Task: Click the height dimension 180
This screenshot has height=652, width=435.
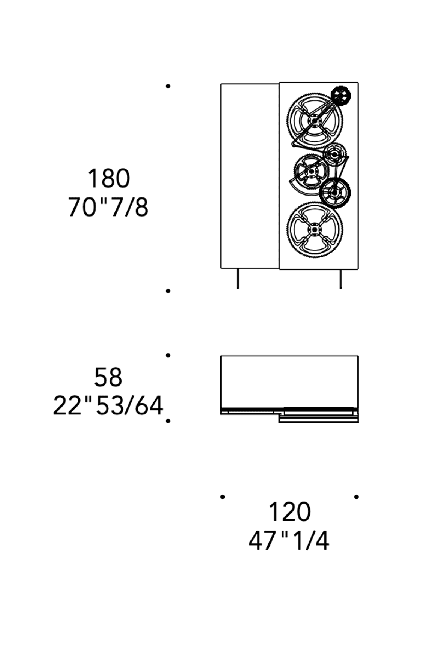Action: point(109,178)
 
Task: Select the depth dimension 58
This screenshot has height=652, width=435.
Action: point(108,377)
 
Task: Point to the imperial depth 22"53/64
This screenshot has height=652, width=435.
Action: point(108,405)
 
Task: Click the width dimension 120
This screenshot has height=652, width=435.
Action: point(290,512)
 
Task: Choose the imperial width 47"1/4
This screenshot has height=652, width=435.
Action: point(289,541)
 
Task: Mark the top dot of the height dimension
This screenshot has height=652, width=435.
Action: point(168,86)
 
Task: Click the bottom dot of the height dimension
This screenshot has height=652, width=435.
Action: point(168,291)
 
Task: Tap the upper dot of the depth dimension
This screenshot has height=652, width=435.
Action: point(168,355)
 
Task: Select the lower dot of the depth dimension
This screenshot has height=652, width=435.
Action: point(168,421)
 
